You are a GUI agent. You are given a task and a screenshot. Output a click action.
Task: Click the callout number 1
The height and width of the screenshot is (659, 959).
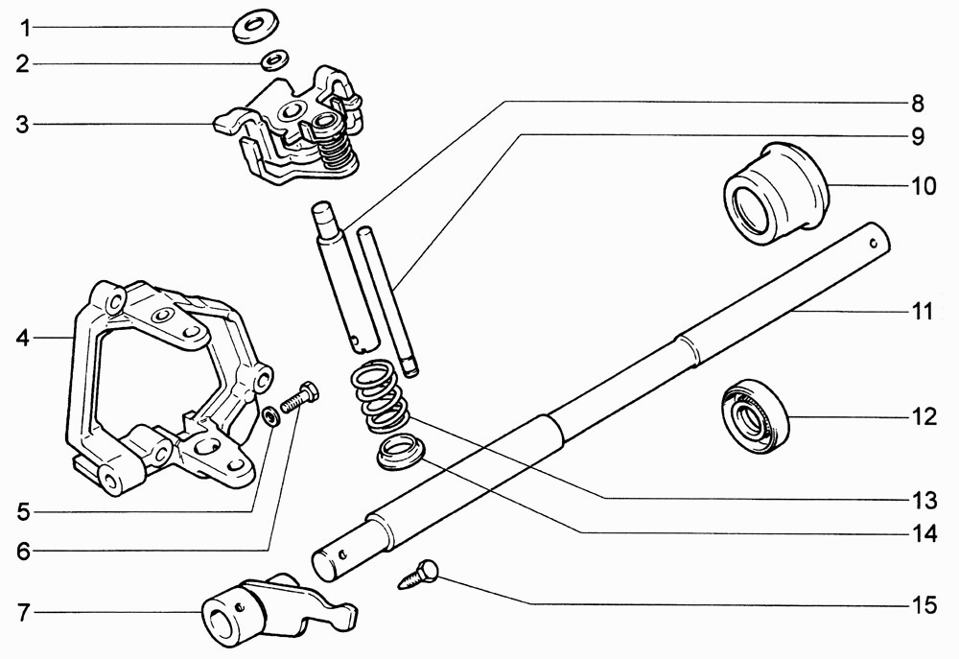click(x=25, y=28)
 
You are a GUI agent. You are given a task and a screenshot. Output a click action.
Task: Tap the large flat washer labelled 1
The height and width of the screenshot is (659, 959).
click(x=256, y=26)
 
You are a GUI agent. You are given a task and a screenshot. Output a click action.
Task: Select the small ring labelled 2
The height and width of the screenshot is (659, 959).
click(x=275, y=60)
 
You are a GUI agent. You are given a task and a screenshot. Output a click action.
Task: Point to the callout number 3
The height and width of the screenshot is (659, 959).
click(x=23, y=126)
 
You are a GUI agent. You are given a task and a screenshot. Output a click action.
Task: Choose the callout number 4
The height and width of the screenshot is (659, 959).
click(x=23, y=338)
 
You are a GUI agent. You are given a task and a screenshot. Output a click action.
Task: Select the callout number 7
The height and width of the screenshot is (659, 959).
click(x=23, y=613)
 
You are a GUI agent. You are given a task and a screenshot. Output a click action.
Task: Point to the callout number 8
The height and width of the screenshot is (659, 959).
click(x=918, y=104)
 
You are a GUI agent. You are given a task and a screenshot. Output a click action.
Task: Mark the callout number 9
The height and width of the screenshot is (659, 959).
click(x=918, y=137)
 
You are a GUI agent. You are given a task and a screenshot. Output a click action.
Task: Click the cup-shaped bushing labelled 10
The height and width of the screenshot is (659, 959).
click(x=776, y=193)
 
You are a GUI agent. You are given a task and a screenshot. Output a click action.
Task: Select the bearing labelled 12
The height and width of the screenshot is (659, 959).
click(x=756, y=417)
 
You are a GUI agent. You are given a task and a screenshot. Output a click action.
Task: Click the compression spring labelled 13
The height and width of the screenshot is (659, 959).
click(x=380, y=396)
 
